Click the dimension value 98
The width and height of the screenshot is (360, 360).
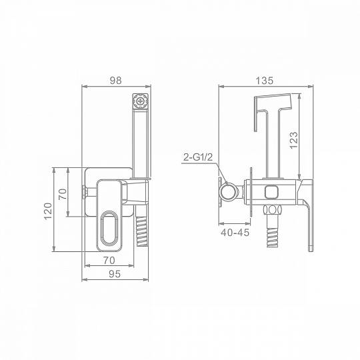(115, 81)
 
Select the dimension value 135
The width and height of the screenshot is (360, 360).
(264, 81)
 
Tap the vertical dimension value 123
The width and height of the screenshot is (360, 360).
(293, 140)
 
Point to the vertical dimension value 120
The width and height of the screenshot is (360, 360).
(48, 211)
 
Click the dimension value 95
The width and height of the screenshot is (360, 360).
(115, 274)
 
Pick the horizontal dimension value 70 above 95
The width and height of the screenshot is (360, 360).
(109, 261)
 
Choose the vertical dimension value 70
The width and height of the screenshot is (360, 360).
(63, 194)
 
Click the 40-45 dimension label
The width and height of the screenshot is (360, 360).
(235, 233)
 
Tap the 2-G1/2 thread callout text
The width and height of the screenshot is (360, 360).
(198, 157)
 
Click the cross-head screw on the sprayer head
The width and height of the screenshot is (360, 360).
(140, 101)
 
